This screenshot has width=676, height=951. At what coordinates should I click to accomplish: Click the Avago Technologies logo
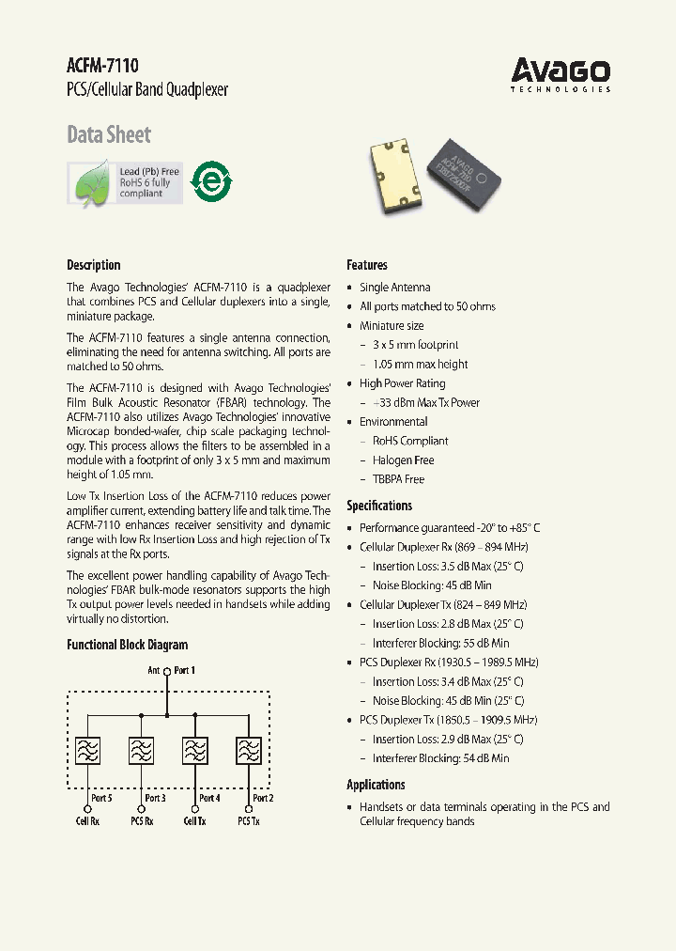tap(561, 73)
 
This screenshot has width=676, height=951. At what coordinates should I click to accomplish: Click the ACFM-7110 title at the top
tap(102, 66)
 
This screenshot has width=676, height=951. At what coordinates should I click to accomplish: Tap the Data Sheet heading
tap(109, 134)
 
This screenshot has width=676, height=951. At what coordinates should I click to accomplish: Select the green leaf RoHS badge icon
tap(92, 183)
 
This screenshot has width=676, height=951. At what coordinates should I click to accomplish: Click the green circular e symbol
tap(212, 179)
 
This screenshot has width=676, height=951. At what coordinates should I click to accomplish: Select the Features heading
tap(367, 265)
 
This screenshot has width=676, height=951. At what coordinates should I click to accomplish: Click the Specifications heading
tap(379, 506)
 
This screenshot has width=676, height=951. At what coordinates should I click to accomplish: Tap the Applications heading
tap(376, 785)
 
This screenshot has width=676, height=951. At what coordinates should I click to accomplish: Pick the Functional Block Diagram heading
tap(127, 645)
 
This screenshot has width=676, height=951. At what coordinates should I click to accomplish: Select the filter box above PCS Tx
tap(249, 752)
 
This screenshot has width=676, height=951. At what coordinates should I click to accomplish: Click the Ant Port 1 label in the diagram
tap(172, 671)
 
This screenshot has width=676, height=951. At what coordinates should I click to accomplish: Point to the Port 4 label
tap(210, 798)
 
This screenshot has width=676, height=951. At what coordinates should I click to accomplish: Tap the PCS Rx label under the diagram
tap(143, 820)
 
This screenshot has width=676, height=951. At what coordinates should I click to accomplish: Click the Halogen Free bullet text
tap(403, 460)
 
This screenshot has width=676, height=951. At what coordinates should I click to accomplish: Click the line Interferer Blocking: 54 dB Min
tap(440, 758)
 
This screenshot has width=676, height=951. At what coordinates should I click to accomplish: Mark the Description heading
tap(94, 265)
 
